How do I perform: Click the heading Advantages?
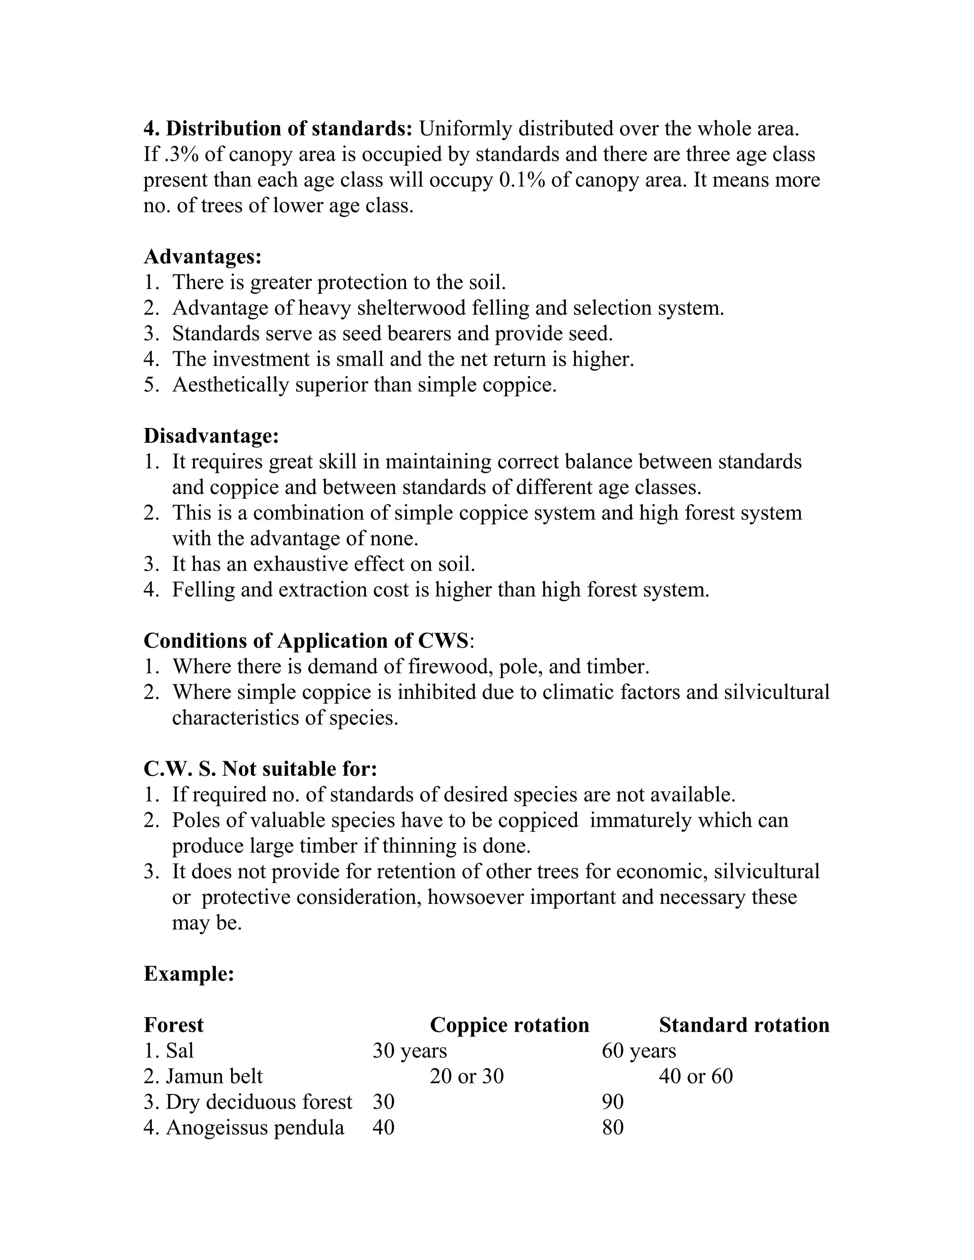point(203,257)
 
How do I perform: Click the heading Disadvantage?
point(211,436)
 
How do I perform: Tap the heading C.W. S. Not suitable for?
point(260,769)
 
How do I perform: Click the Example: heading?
point(189,974)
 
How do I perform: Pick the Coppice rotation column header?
point(509,1025)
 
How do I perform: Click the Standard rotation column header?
point(744,1025)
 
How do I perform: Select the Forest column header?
point(174,1025)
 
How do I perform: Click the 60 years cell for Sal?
point(639,1051)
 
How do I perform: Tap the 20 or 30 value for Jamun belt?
point(466,1076)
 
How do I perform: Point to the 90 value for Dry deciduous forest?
point(613,1102)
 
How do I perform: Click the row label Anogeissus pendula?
point(254,1127)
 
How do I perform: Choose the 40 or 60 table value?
point(695,1076)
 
